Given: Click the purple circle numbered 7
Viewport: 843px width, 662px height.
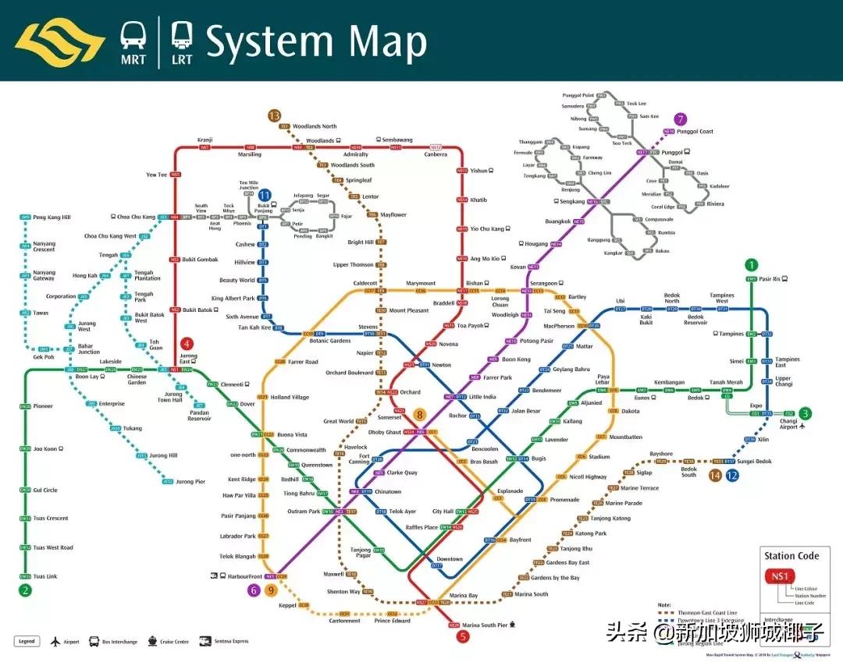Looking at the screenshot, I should [x=681, y=119].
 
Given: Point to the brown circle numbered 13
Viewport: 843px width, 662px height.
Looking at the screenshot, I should [x=273, y=115].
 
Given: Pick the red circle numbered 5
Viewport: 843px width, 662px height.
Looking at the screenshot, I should [x=464, y=636].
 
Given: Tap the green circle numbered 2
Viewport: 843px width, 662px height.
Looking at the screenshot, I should [x=25, y=590].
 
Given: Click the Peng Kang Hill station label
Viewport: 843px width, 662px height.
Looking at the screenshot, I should [x=52, y=217].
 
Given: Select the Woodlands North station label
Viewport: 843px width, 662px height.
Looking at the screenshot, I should [x=315, y=126].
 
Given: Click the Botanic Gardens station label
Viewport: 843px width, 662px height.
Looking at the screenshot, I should [x=330, y=341].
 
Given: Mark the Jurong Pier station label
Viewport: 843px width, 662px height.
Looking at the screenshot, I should [x=190, y=482].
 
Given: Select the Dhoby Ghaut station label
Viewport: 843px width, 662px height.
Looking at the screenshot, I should [x=384, y=431].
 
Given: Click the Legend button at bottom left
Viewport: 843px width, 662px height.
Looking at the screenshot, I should [x=27, y=641].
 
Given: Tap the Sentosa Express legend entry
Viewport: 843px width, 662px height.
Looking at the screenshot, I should [x=229, y=641].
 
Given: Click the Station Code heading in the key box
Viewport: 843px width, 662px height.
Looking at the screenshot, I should [x=791, y=556].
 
